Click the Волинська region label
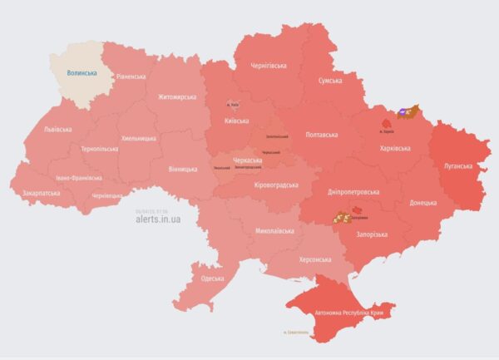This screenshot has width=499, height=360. pyautogui.click(x=82, y=73)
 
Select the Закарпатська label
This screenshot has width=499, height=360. pyautogui.click(x=41, y=192)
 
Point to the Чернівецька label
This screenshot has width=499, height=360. pyautogui.click(x=107, y=195)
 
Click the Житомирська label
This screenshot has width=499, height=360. pyautogui.click(x=177, y=96)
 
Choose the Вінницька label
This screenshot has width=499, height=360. pyautogui.click(x=183, y=169)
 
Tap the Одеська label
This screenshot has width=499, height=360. pyautogui.click(x=212, y=278)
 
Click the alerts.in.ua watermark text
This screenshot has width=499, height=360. pyautogui.click(x=157, y=220)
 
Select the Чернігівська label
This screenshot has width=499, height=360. pyautogui.click(x=270, y=65)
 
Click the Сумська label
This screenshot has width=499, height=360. pyautogui.click(x=336, y=81)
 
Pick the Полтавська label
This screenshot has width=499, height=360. pyautogui.click(x=322, y=134)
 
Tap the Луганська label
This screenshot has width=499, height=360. pyautogui.click(x=457, y=165)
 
